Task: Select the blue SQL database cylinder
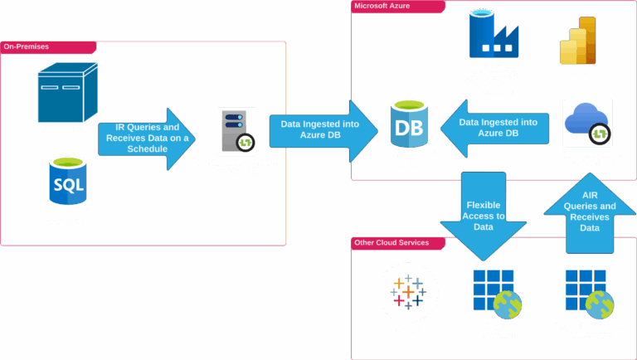(x=67, y=180)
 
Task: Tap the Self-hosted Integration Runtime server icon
(x=236, y=130)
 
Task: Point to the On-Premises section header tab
(x=49, y=47)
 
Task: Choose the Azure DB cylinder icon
(x=408, y=123)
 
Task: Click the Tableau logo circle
(x=407, y=291)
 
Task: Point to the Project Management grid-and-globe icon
(x=590, y=295)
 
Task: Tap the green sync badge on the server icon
(x=246, y=143)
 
